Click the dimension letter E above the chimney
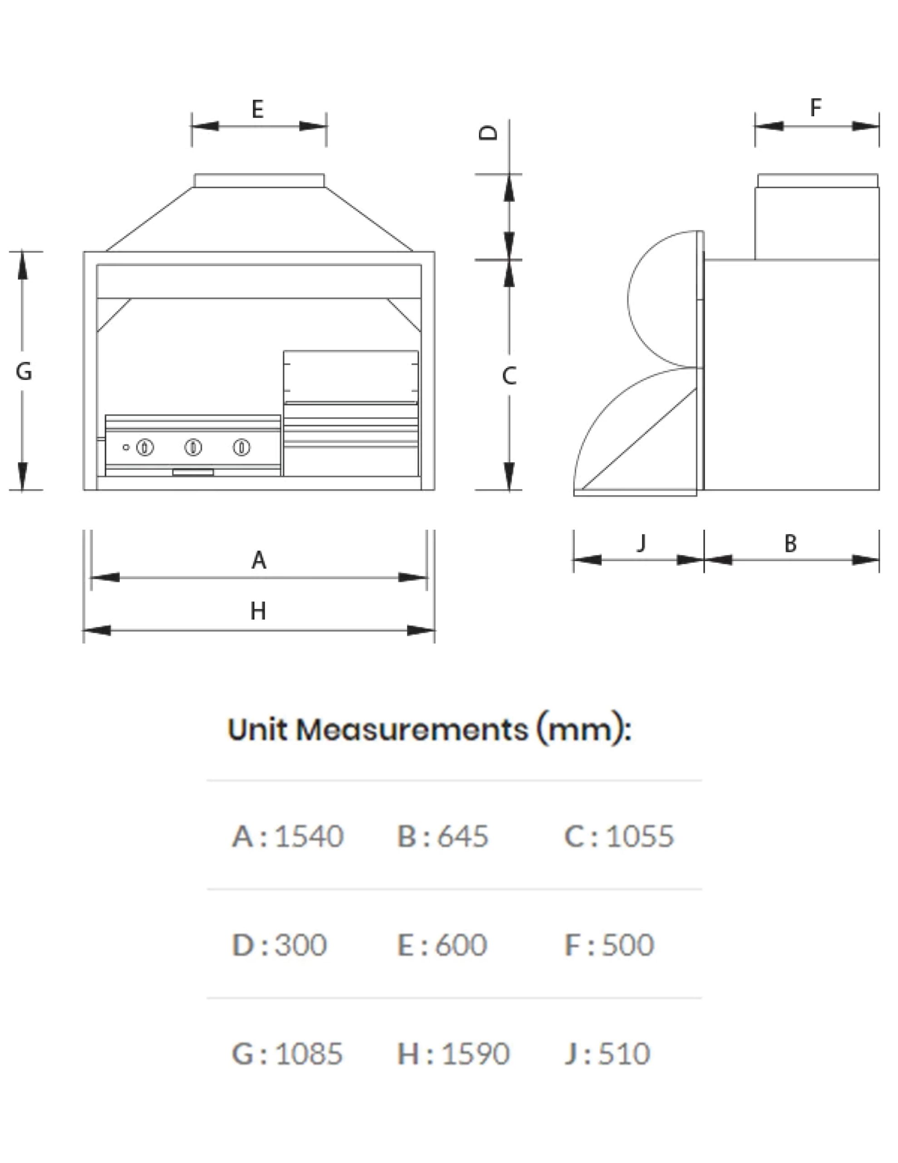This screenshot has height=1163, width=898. [257, 109]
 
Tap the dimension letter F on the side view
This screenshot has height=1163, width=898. [815, 107]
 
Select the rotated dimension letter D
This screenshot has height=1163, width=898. [488, 133]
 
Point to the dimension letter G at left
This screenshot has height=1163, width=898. [24, 371]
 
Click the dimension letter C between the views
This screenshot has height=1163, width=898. [509, 376]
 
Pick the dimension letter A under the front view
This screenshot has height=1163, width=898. [259, 560]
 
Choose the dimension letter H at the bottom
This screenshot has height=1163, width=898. [258, 611]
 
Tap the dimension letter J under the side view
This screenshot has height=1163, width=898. [641, 542]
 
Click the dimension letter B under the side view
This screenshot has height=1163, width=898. [790, 543]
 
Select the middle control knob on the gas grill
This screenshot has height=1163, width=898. [193, 447]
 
